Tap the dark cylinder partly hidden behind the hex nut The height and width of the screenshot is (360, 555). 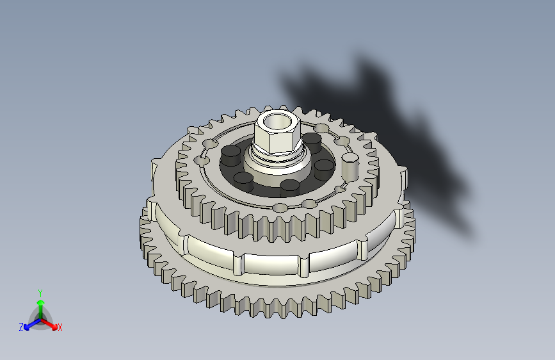pos(312,142)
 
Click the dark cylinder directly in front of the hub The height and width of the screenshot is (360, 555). pos(290,188)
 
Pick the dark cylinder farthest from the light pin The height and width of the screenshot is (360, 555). pos(231,155)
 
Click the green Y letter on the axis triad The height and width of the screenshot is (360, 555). pos(40,293)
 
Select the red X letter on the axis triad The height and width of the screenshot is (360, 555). pos(60,327)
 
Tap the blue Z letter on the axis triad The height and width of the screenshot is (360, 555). pos(21,327)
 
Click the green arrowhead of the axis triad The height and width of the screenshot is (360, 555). pos(41,302)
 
